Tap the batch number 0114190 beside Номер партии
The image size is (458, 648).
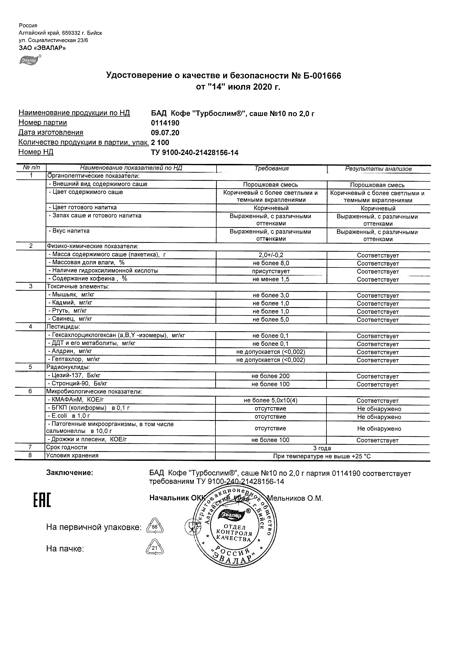(165, 123)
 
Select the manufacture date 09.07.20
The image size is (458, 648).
(165, 133)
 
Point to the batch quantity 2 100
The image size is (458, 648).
(160, 143)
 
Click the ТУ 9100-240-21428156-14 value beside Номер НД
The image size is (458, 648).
(194, 153)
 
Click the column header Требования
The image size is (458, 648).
(271, 169)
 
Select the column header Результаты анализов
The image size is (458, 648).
(378, 169)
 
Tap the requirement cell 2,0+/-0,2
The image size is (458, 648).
(271, 255)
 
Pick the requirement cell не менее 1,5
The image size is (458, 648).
(271, 279)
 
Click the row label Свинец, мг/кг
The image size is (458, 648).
(72, 319)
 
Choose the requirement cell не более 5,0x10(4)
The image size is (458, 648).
(271, 400)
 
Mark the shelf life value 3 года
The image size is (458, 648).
(322, 448)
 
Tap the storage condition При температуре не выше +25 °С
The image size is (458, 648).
(322, 456)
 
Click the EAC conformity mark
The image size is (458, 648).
(42, 500)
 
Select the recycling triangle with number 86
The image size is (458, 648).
(155, 527)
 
